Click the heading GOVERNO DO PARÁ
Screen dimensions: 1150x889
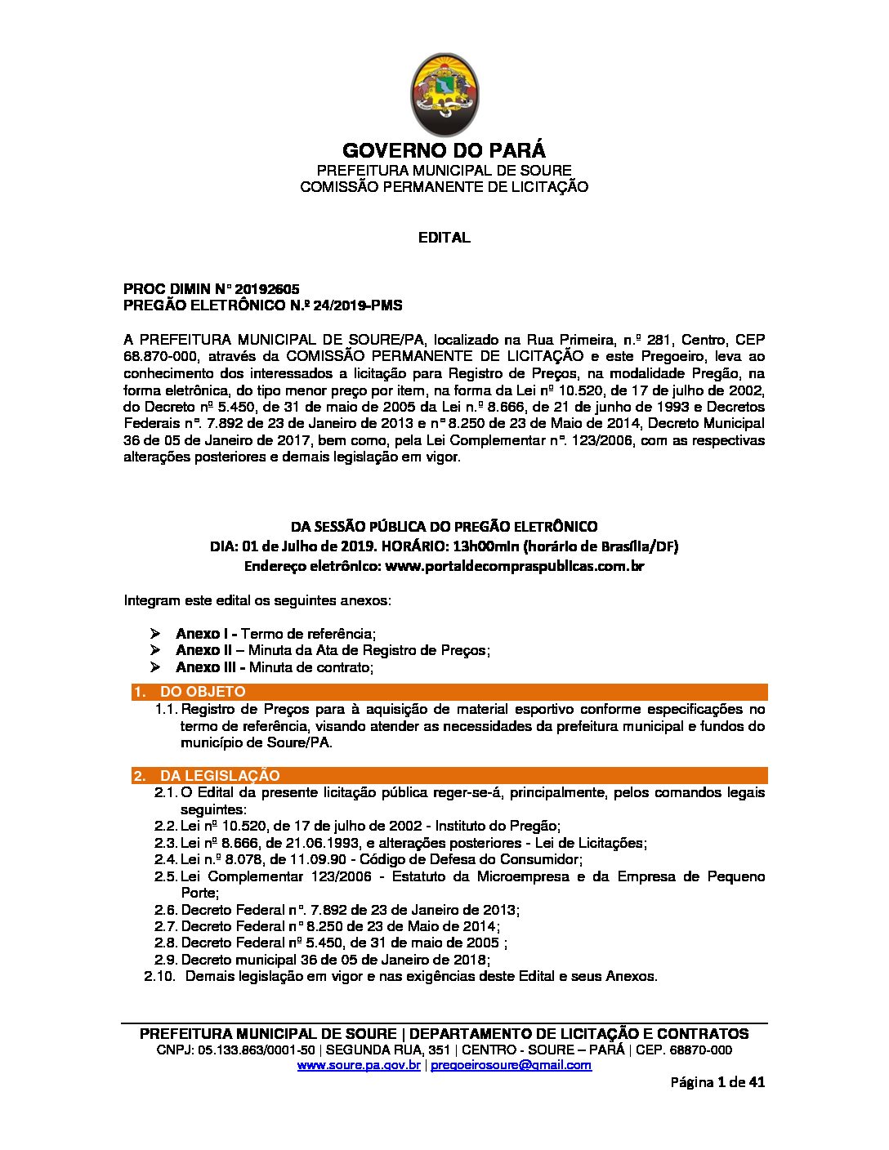[x=444, y=151]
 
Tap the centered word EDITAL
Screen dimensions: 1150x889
[x=444, y=238]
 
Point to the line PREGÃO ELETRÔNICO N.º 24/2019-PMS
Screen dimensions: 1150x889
[x=262, y=305]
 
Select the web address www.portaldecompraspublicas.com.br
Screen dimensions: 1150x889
[x=514, y=565]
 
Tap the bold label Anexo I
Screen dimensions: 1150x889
[x=203, y=634]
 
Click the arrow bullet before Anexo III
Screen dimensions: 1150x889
[x=157, y=667]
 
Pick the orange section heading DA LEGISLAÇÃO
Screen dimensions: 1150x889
[x=219, y=775]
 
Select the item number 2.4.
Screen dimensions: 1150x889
[x=166, y=859]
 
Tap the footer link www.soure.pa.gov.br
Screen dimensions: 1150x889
[x=359, y=1065]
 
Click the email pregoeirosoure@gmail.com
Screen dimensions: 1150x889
[x=511, y=1065]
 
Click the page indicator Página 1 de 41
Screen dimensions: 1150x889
[x=717, y=1083]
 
